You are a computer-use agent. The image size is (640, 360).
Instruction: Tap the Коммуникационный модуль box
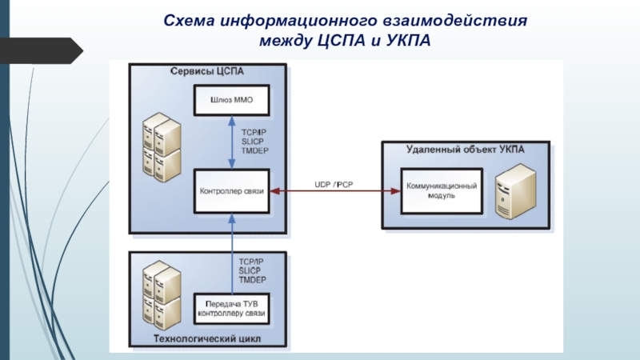442,190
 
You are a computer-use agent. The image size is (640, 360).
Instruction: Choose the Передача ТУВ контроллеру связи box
231,308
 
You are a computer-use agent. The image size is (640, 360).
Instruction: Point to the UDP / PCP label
334,184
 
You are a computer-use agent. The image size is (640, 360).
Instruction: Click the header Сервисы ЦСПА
206,71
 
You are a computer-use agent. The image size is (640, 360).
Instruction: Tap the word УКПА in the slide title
407,39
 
